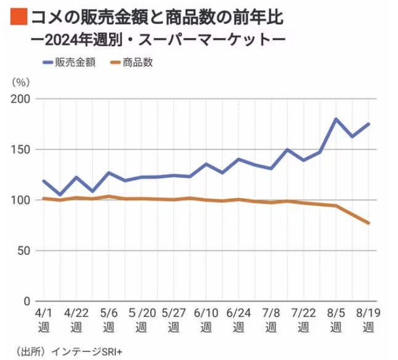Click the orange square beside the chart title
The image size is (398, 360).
[x=18, y=18]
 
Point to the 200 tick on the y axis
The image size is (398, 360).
[x=22, y=99]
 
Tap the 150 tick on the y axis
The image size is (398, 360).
[x=22, y=150]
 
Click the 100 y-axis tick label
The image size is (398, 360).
[x=22, y=200]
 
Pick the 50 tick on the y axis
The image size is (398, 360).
[x=25, y=250]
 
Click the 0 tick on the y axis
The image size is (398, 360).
[x=27, y=301]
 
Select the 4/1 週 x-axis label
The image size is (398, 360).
[x=44, y=319]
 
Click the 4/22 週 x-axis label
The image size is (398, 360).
[x=76, y=319]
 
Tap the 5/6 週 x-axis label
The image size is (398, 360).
[x=109, y=319]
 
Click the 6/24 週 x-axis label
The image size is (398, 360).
[x=238, y=319]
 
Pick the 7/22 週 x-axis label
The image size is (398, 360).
[x=303, y=319]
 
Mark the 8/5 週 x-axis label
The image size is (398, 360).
[x=336, y=319]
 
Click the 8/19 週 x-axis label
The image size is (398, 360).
[x=368, y=319]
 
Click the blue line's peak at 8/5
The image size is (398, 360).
[x=336, y=119]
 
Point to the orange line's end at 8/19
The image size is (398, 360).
[x=368, y=223]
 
